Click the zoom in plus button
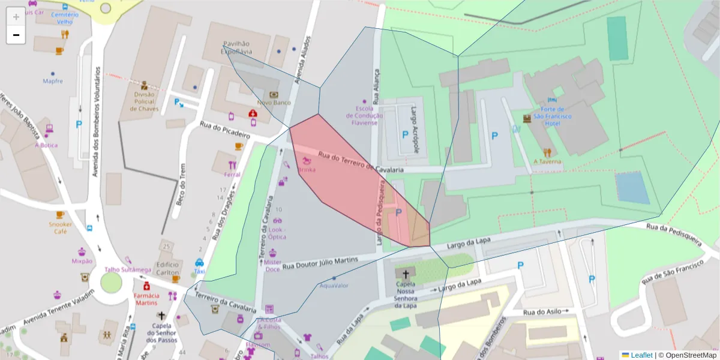[16, 16]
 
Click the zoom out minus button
[16, 35]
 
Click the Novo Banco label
[274, 103]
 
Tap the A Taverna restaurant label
[547, 161]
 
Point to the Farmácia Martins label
[146, 299]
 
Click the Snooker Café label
[60, 227]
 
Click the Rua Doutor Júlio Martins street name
[320, 262]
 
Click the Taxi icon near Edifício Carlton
[199, 263]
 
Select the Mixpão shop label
[82, 261]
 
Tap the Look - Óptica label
[277, 233]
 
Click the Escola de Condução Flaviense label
[362, 115]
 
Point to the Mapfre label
[53, 81]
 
